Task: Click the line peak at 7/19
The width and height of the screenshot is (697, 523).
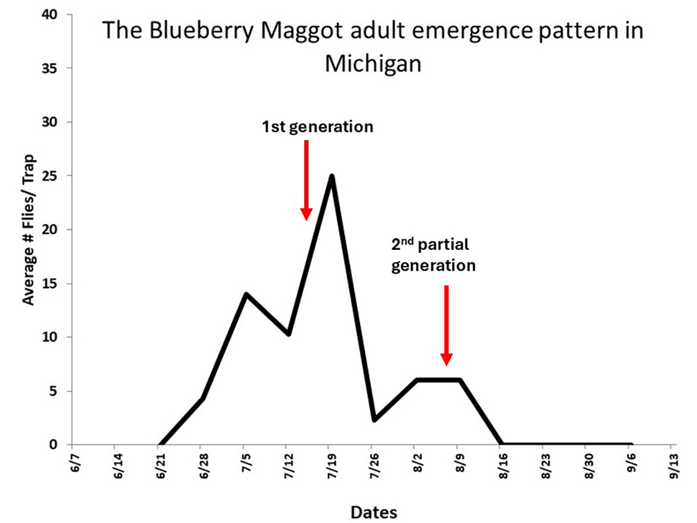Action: tap(331, 176)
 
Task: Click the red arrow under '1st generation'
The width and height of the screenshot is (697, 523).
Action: tap(306, 179)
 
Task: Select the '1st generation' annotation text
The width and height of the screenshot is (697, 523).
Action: tap(317, 127)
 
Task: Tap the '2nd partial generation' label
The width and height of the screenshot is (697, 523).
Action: tap(433, 255)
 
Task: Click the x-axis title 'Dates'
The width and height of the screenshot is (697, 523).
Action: tap(374, 512)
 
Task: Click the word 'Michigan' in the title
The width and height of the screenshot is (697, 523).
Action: tap(373, 63)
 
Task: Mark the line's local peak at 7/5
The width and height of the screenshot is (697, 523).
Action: tap(245, 294)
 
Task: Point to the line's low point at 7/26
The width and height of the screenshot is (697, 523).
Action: tap(374, 420)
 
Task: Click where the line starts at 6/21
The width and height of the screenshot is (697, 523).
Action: tap(159, 444)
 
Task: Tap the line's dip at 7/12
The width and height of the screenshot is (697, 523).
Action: tap(288, 334)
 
